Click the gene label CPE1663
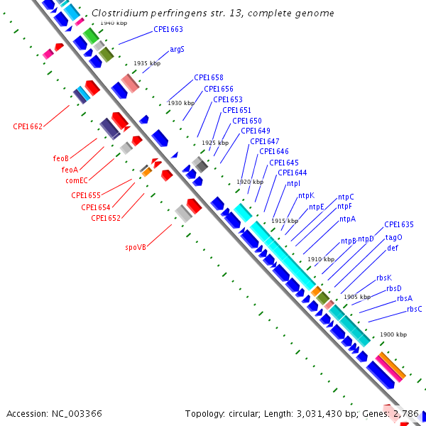pyautogui.click(x=168, y=30)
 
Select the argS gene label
pyautogui.click(x=177, y=50)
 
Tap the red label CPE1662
pyautogui.click(x=28, y=126)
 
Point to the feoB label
pyautogui.click(x=61, y=158)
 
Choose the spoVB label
pyautogui.click(x=136, y=247)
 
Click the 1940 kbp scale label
pyautogui.click(x=114, y=23)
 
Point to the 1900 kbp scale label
pyautogui.click(x=393, y=334)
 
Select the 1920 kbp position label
pyautogui.click(x=250, y=182)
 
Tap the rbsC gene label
pyautogui.click(x=415, y=309)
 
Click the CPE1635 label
pyautogui.click(x=399, y=224)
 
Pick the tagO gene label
pyautogui.click(x=393, y=237)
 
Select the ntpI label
pyautogui.click(x=293, y=183)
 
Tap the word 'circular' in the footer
pyautogui.click(x=247, y=413)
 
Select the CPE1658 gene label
pyautogui.click(x=209, y=77)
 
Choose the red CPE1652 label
pyautogui.click(x=106, y=218)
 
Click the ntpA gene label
pyautogui.click(x=347, y=219)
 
